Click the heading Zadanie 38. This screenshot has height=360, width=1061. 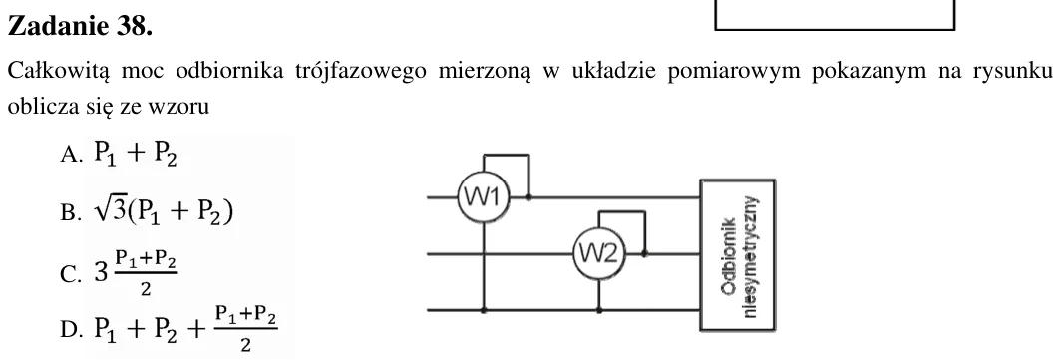point(80,26)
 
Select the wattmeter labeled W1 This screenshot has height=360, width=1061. point(483,197)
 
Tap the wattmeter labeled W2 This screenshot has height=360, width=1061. point(599,253)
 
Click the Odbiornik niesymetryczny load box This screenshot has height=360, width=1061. point(738,255)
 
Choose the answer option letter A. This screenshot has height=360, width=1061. point(71,156)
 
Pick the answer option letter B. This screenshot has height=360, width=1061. point(71,213)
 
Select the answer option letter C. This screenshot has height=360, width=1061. point(71,275)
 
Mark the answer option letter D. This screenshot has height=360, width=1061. point(71,329)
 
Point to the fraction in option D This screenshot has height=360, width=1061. point(245,329)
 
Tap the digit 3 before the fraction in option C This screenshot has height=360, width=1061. point(101,273)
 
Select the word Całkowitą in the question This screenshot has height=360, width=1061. point(59,72)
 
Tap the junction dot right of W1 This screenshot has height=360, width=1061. point(528,197)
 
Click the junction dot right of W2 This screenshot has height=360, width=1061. point(644,253)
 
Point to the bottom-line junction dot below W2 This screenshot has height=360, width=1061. point(599,310)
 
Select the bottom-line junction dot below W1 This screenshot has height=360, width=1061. point(483,310)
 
